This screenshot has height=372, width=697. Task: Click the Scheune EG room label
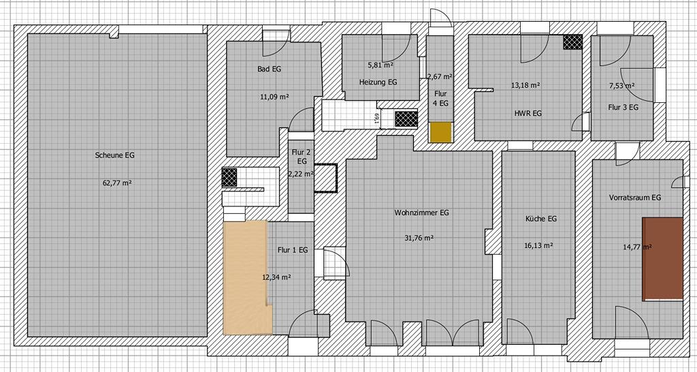click(x=114, y=155)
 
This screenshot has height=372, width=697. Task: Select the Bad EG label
click(x=270, y=69)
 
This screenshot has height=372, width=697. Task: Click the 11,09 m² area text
click(x=274, y=96)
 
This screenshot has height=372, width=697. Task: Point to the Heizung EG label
click(x=378, y=82)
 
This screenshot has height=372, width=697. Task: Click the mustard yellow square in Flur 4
click(x=440, y=133)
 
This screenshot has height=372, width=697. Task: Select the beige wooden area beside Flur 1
click(x=246, y=277)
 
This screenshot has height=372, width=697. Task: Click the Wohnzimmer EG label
click(x=421, y=213)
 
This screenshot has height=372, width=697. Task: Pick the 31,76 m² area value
click(x=419, y=238)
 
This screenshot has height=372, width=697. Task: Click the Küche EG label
click(x=541, y=219)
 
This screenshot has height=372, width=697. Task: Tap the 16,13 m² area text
click(x=539, y=245)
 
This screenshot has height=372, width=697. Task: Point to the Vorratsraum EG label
click(x=635, y=197)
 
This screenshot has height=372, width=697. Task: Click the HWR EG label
click(x=528, y=114)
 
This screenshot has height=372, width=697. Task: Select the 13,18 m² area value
click(x=525, y=84)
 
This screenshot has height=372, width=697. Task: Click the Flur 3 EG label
click(x=623, y=107)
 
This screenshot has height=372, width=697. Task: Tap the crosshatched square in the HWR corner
click(x=572, y=42)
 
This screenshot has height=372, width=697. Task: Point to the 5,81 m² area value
click(x=380, y=65)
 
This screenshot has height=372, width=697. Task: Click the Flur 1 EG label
click(x=293, y=250)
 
